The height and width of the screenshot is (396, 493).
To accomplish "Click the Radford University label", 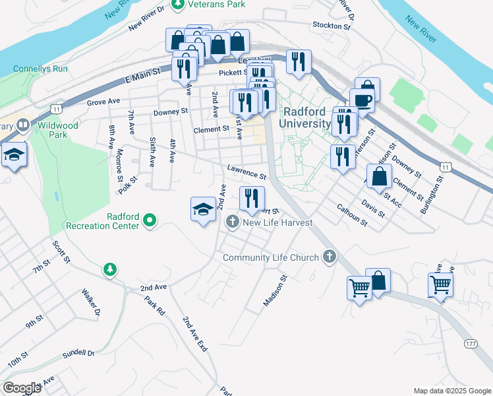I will pos(304,117).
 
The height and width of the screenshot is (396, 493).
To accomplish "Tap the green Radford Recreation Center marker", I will pos(150,220).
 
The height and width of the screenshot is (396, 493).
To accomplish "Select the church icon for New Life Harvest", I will pos(233,222).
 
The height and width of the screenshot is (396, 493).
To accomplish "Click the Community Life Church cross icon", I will pos(330,257).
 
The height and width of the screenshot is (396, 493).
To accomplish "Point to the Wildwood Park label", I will pos(58,130).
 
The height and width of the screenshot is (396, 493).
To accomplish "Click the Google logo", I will pos(22,387).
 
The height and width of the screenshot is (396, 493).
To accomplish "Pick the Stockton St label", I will pos(332,26).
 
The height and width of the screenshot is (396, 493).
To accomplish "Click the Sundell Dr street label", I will pos(78,353).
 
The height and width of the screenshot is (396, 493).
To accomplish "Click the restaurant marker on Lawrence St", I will pos(251,198).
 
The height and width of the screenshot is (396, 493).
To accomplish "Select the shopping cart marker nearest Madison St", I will pos(359,287).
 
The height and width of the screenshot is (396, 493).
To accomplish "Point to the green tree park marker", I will pos(110,269).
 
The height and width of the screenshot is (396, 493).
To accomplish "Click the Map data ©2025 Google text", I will pos(451,391).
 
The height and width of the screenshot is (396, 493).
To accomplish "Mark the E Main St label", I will pos(142,75).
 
